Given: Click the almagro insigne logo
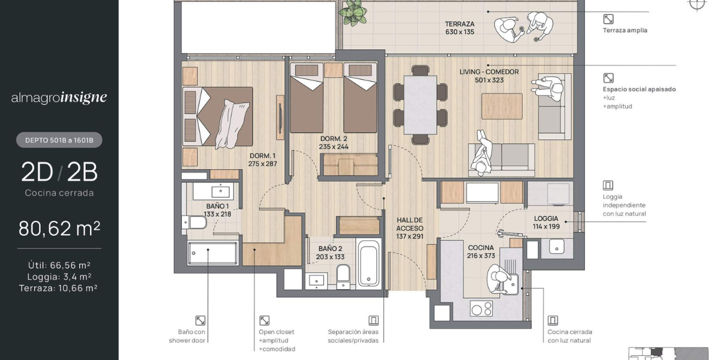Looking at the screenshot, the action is click(59, 98).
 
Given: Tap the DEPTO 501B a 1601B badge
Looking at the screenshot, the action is click(59, 140).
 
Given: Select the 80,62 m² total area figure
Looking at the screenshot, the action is click(59, 229).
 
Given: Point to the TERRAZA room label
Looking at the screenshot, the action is click(460, 24).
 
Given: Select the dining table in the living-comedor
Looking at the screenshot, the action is click(420, 105).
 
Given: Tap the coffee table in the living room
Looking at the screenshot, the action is click(502, 106).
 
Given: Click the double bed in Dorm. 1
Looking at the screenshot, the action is click(218, 117).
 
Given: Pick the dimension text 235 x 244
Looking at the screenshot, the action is click(334, 146).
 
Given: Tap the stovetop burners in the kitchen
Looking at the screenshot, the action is click(481, 309).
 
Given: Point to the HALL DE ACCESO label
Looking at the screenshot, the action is click(409, 228).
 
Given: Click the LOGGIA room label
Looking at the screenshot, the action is click(546, 218).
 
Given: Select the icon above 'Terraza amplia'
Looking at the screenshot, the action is click(608, 19).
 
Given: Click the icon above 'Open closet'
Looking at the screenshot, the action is click(264, 320).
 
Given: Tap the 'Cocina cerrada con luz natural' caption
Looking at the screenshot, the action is click(569, 336).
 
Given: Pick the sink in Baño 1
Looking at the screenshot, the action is click(221, 191).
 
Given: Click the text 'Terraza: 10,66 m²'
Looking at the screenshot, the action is click(58, 288).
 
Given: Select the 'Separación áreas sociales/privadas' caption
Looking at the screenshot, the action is click(353, 336).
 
